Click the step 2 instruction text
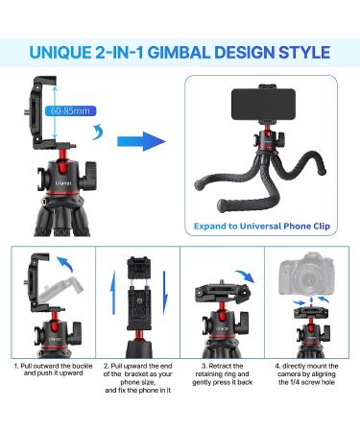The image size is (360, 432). tap(137, 378)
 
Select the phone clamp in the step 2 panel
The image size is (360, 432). tap(138, 293)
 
